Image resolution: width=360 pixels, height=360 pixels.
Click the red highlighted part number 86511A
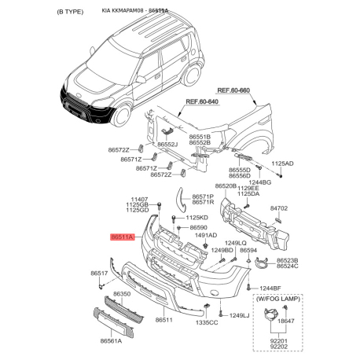pos(123,235)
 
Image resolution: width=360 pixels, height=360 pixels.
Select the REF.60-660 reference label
pos(233,90)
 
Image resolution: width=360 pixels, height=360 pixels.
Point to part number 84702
pos(280,208)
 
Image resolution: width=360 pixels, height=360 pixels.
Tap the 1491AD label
pos(205,236)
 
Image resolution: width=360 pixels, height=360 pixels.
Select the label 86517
pos(99,273)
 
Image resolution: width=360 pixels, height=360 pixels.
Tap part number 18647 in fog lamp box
pos(287,321)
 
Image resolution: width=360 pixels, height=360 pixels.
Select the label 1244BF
pos(271,288)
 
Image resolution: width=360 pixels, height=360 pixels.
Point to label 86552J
pos(167,145)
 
